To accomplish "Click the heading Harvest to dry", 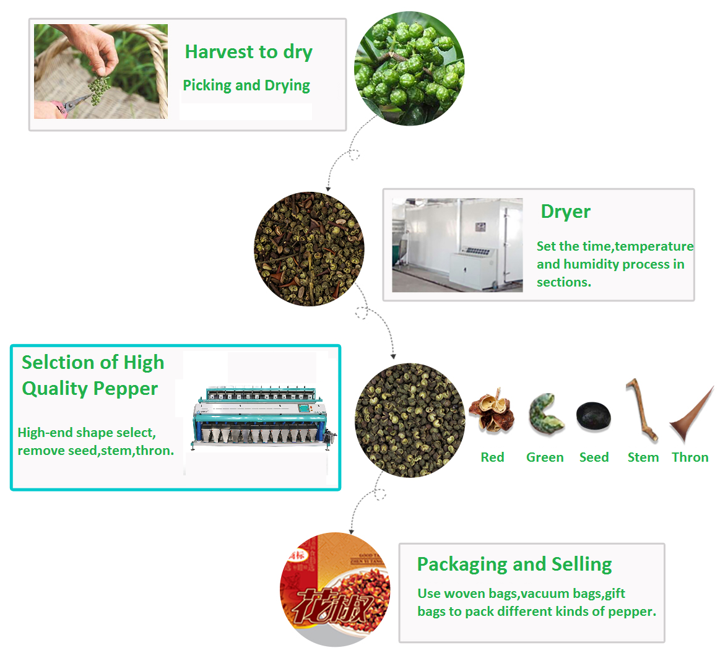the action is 248,52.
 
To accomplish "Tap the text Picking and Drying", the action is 246,85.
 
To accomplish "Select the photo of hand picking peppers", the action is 101,71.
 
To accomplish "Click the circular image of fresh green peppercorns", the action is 409,70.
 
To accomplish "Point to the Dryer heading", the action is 565,212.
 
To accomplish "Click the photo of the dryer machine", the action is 458,245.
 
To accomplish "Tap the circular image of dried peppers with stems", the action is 309,249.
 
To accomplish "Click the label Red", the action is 492,457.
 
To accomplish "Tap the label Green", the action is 545,457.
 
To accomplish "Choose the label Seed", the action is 594,457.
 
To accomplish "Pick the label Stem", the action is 643,457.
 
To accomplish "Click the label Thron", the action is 690,457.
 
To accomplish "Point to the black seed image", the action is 593,415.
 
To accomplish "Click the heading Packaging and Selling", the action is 514,564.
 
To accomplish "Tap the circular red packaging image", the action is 336,589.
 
